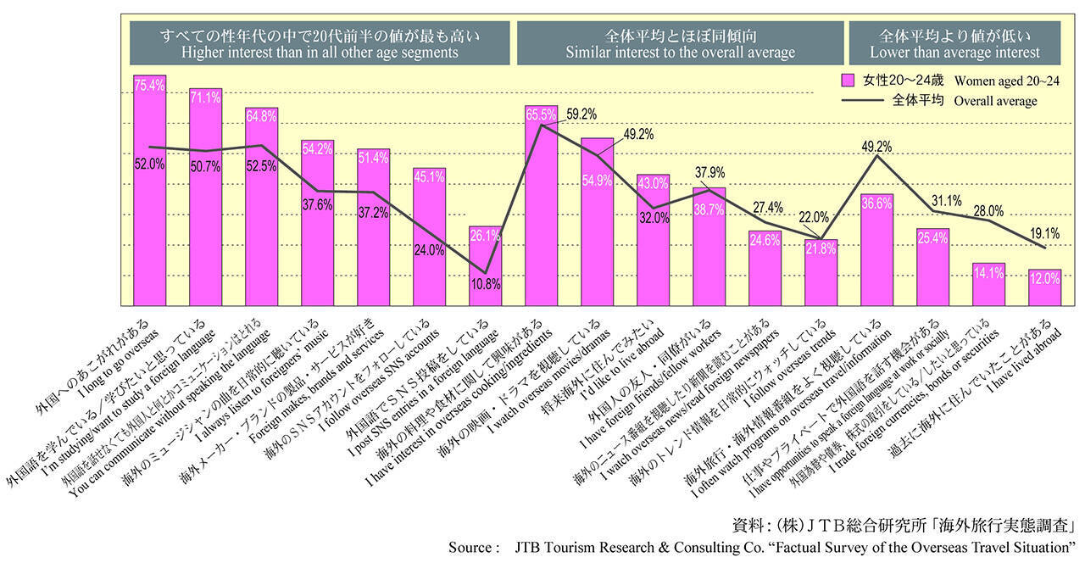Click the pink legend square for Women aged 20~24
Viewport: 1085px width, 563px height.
point(847,81)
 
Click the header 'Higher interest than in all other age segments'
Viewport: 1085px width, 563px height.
point(320,53)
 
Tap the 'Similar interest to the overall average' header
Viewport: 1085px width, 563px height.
point(681,53)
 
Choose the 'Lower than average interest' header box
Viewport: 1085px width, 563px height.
point(954,53)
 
